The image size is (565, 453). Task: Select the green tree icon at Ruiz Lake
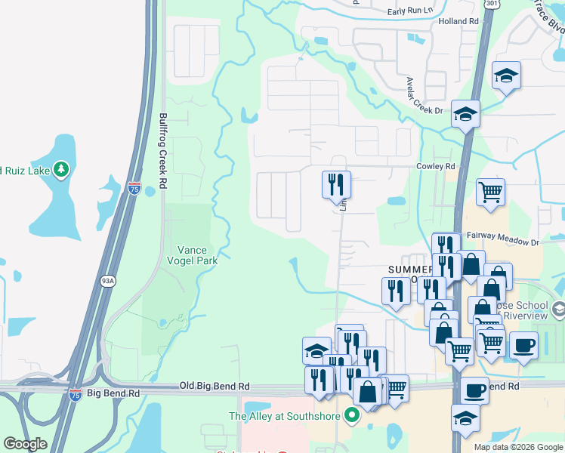click(x=60, y=169)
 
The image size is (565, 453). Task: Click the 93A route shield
click(x=108, y=282)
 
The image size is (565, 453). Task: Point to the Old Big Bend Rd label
click(x=215, y=386)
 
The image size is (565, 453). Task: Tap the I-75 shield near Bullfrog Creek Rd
click(x=134, y=189)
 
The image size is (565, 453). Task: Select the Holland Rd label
click(x=458, y=22)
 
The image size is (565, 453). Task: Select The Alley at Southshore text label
click(x=284, y=416)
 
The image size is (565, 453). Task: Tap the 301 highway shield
click(x=492, y=4)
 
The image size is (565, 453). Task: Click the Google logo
click(x=25, y=444)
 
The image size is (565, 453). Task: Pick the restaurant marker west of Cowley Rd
click(x=336, y=184)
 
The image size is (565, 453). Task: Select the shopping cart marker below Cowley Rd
click(x=490, y=193)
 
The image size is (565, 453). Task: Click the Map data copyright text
click(x=518, y=447)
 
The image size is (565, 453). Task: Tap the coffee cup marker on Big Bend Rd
click(x=474, y=390)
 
